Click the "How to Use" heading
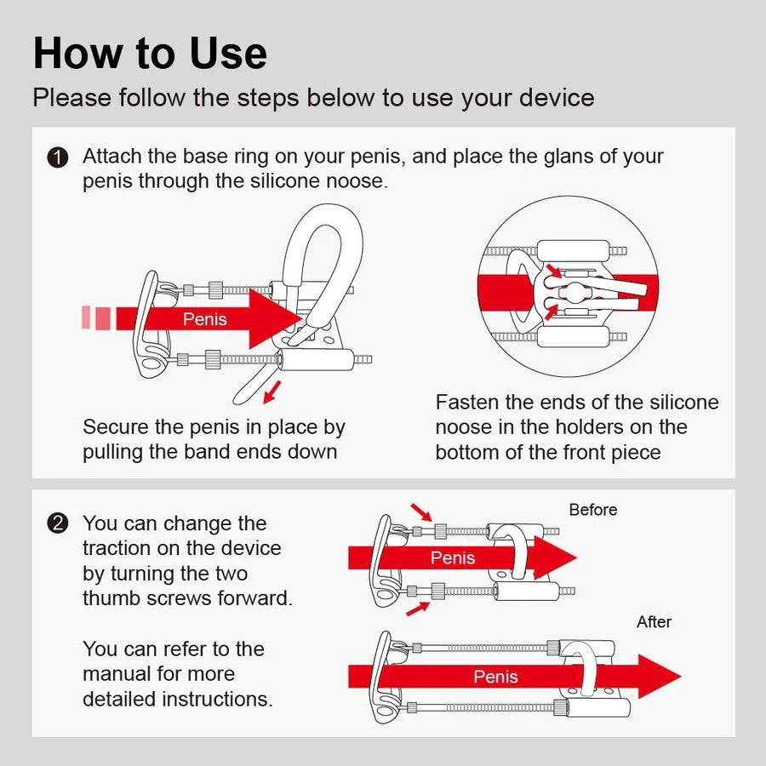coord(150,53)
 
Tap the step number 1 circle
coord(58,158)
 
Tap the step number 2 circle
coord(58,523)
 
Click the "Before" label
coord(593,510)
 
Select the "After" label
coord(654,621)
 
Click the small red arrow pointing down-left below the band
coord(272,392)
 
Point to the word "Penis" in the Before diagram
coord(453,557)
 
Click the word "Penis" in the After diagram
coord(495,677)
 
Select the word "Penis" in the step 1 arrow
coord(204,319)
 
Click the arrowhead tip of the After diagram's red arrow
coord(681,677)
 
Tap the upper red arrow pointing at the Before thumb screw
coord(421,512)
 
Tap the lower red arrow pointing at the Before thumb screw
coord(418,609)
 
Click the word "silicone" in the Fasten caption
coord(684,402)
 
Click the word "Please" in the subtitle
coord(72,97)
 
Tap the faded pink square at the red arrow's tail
coord(86,317)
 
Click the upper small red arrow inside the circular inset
coord(553,271)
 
